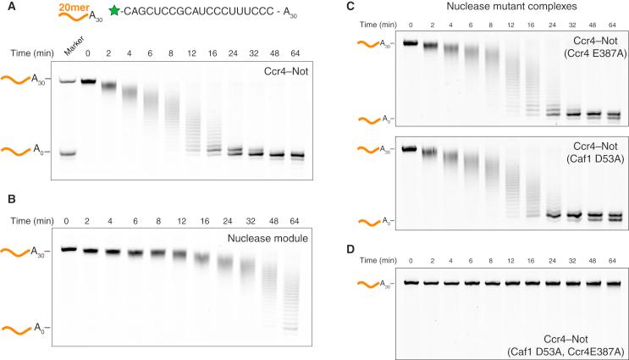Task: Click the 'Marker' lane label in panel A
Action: point(74,53)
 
